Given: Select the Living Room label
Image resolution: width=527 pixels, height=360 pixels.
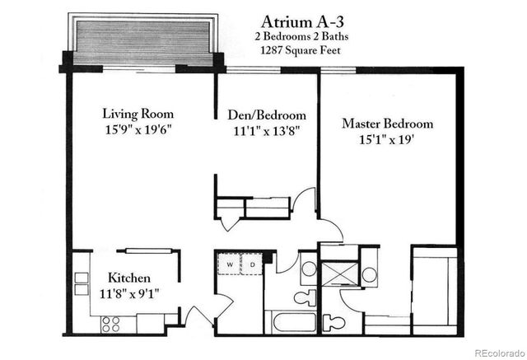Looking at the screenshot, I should pyautogui.click(x=138, y=113).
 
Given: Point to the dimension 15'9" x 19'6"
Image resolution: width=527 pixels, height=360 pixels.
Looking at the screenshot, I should pyautogui.click(x=138, y=129).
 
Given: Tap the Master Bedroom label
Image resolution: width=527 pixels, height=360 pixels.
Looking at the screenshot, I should pyautogui.click(x=387, y=124).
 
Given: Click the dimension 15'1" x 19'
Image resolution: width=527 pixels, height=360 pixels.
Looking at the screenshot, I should pyautogui.click(x=387, y=139).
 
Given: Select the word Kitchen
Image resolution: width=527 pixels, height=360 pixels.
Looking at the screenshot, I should pyautogui.click(x=130, y=278).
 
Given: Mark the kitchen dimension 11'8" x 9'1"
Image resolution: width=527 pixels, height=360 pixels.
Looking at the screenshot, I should pyautogui.click(x=130, y=294).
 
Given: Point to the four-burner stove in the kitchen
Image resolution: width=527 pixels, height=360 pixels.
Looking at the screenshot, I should pyautogui.click(x=110, y=323).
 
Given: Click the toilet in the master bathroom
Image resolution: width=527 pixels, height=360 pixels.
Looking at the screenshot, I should pyautogui.click(x=333, y=320).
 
